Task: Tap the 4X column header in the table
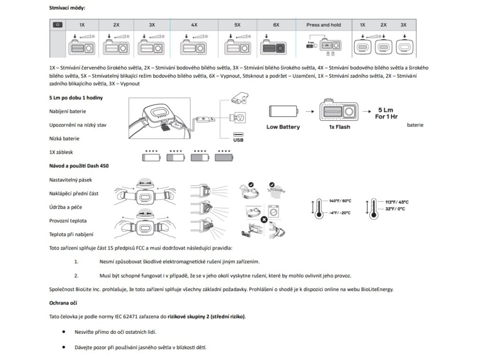pos(194,24)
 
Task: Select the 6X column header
pos(276,24)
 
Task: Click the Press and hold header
pos(323,24)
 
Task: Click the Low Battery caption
pos(283,127)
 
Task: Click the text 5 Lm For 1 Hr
pos(385,112)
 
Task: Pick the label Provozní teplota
pos(68,220)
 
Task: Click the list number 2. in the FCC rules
pos(76,275)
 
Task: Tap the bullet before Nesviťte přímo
pos(63,331)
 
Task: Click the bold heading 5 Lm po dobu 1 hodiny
pos(76,97)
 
